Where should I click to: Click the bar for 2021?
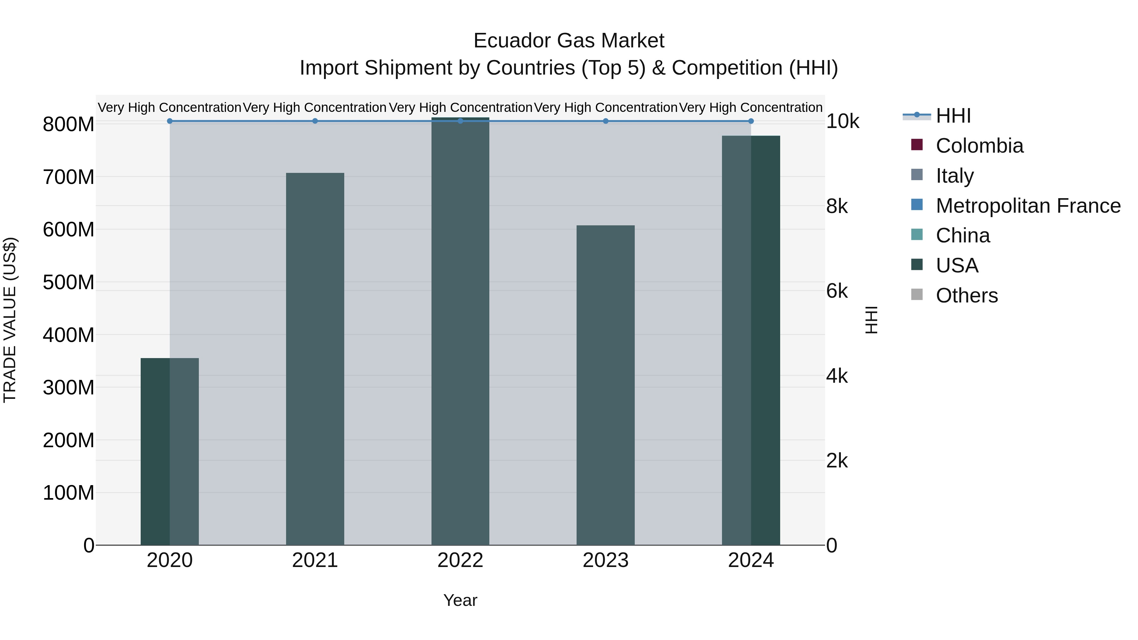click(x=315, y=359)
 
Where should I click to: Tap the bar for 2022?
click(x=460, y=331)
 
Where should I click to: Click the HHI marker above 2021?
click(x=315, y=121)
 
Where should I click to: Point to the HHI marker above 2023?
click(x=606, y=121)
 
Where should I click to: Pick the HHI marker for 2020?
click(x=170, y=121)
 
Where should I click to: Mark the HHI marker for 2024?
click(x=751, y=121)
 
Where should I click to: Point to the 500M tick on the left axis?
click(x=69, y=282)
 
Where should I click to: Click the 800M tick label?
click(x=69, y=125)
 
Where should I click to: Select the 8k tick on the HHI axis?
click(x=837, y=206)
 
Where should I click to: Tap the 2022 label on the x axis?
click(x=460, y=560)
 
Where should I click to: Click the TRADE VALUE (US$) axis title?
click(x=10, y=320)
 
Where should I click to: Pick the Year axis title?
click(x=460, y=600)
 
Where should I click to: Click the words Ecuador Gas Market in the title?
click(x=569, y=41)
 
